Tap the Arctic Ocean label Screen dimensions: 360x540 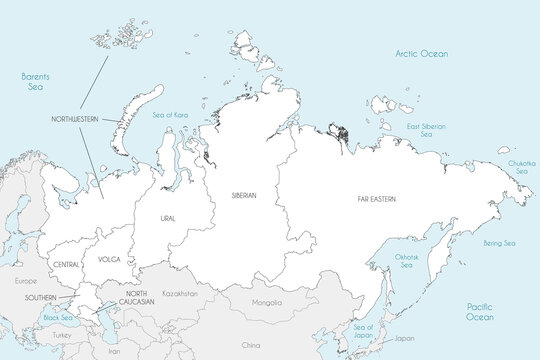tap(421, 53)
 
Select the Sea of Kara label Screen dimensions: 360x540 tap(170, 115)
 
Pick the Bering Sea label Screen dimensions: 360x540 tap(498, 243)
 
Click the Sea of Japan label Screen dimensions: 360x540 tap(364, 331)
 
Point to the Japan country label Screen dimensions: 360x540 tap(404, 338)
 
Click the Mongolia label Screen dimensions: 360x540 tap(267, 301)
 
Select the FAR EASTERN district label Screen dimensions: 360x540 tap(376, 200)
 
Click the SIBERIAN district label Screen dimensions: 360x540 tap(244, 195)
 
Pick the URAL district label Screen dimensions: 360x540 tap(168, 216)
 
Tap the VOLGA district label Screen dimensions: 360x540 tap(109, 259)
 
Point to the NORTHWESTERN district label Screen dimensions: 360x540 tap(75, 119)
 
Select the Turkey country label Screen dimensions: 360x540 tap(63, 335)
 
